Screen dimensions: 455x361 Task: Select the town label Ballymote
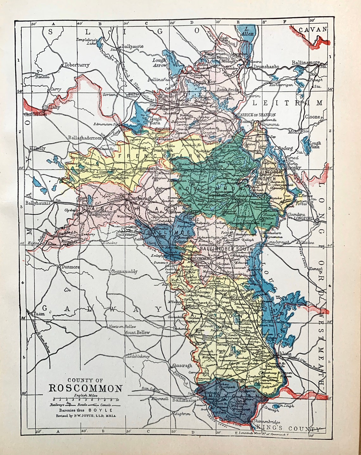point(132,46)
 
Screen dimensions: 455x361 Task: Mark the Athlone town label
point(274,354)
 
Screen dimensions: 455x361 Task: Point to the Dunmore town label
point(70,267)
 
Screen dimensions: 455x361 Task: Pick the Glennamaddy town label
point(124,272)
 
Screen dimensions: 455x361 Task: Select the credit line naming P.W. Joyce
point(86,416)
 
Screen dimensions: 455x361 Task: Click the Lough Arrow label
point(159,62)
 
